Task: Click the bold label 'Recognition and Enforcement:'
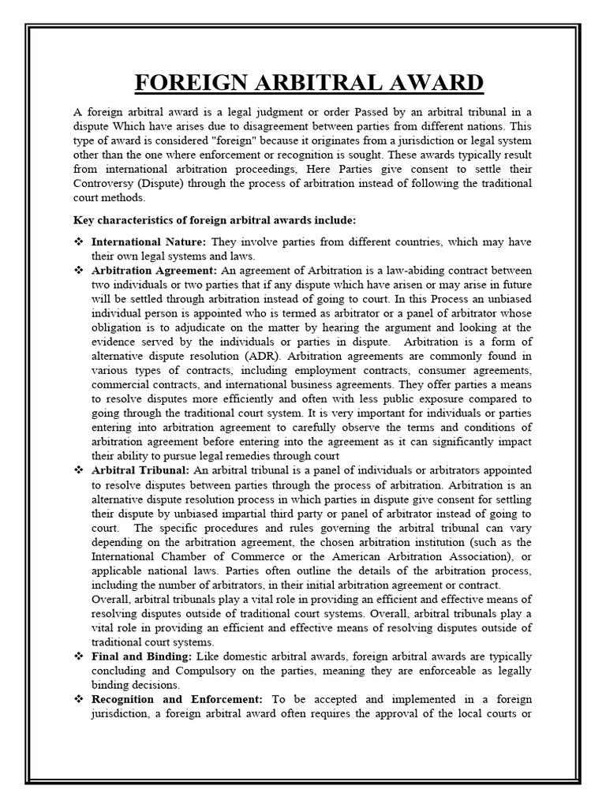coord(178,699)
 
